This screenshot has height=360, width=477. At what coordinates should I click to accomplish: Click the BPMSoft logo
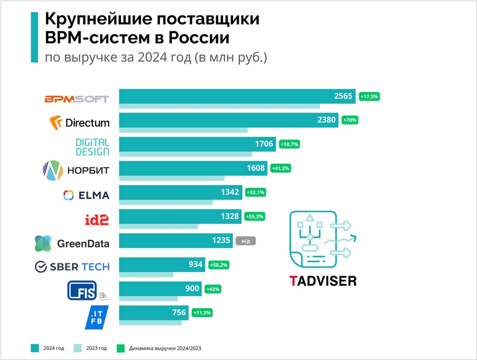pos(77,98)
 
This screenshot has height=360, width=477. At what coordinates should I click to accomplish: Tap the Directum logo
pos(80,123)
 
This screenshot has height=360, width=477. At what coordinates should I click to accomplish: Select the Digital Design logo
pos(93,147)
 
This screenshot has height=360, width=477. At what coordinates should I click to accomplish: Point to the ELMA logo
pos(85,194)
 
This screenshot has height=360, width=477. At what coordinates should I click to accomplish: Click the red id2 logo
pos(96,219)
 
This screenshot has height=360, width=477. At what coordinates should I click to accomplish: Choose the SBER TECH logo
pos(72,266)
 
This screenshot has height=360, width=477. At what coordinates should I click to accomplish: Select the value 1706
pos(264,144)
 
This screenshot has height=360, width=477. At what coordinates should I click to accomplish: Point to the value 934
pos(195,265)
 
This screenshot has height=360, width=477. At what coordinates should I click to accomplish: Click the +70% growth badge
pos(350,120)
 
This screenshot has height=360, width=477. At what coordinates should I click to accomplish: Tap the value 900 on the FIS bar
pos(192,289)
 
